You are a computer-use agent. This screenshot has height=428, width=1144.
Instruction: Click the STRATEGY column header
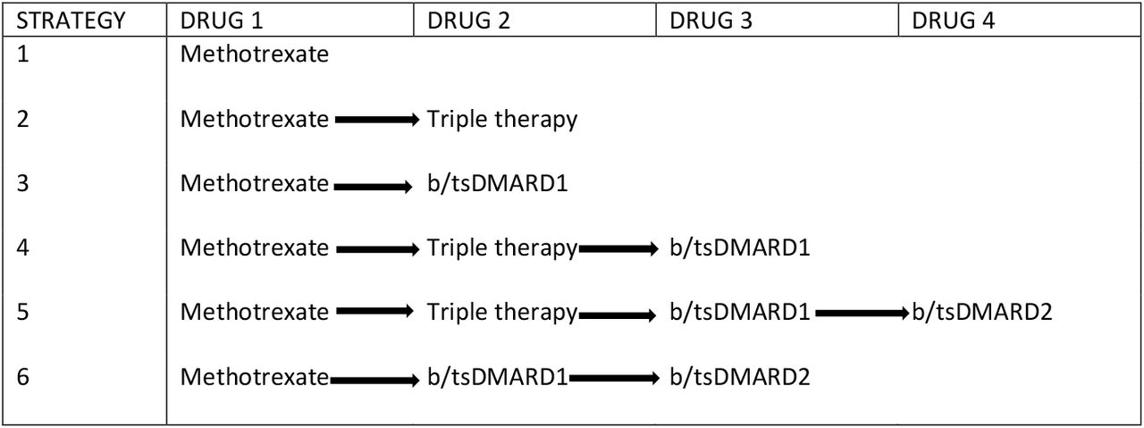point(71,21)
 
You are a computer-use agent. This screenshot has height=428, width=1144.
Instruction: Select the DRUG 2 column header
point(469,21)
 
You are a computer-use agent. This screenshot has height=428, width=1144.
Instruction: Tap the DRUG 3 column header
point(711,21)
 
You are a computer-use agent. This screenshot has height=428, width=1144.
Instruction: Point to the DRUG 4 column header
point(954,21)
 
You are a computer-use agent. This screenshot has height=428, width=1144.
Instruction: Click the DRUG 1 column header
point(222,21)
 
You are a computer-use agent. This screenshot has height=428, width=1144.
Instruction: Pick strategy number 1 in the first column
point(22,54)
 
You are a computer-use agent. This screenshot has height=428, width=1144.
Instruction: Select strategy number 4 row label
point(22,248)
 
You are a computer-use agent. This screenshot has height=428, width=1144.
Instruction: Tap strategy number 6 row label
point(22,377)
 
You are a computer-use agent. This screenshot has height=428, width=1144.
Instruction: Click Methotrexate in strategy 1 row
point(255,54)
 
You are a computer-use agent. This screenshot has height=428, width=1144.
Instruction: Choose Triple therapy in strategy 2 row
point(502,120)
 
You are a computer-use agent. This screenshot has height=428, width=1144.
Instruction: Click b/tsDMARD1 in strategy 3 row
point(498,183)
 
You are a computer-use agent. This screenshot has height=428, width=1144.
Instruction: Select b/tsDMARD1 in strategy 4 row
point(739,248)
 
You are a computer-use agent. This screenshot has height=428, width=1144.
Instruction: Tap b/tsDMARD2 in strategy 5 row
point(982,312)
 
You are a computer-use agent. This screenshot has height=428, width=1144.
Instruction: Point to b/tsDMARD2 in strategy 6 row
point(739,377)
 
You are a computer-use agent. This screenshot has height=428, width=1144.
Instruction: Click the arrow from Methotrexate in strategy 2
point(377,120)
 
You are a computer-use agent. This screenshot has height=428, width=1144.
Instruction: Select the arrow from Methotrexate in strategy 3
point(374,187)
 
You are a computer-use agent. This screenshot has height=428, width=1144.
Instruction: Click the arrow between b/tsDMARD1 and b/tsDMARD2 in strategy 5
point(862,313)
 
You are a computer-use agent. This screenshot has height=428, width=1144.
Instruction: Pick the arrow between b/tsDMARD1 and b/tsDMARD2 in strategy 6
point(614,379)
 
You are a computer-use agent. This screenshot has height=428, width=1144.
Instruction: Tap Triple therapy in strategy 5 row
point(502,312)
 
